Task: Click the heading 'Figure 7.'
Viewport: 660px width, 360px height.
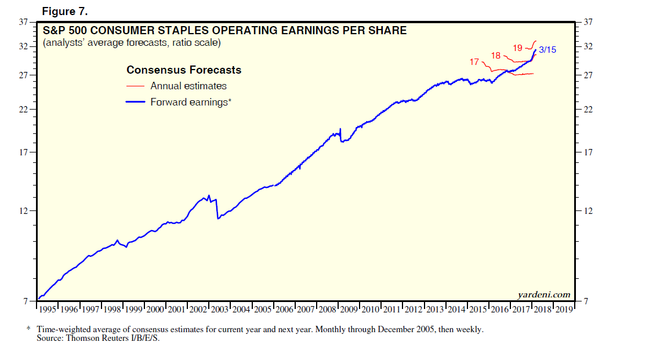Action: tap(65, 12)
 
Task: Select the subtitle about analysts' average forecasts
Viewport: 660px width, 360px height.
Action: tap(132, 43)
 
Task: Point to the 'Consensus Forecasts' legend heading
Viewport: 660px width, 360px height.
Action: tap(184, 70)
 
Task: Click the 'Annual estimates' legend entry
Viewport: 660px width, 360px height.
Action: tap(188, 86)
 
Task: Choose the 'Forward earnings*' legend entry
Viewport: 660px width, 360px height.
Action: tap(190, 101)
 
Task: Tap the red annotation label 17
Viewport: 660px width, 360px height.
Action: tap(474, 61)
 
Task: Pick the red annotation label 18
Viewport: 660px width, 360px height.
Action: tap(496, 55)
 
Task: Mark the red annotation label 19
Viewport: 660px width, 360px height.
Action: tap(518, 48)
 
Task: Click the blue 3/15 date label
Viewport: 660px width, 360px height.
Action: tap(547, 50)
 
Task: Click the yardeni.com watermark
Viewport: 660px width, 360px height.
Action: tap(543, 295)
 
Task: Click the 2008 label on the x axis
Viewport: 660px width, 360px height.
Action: tap(327, 310)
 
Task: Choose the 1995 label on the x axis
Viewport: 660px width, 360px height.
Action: tap(49, 310)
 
